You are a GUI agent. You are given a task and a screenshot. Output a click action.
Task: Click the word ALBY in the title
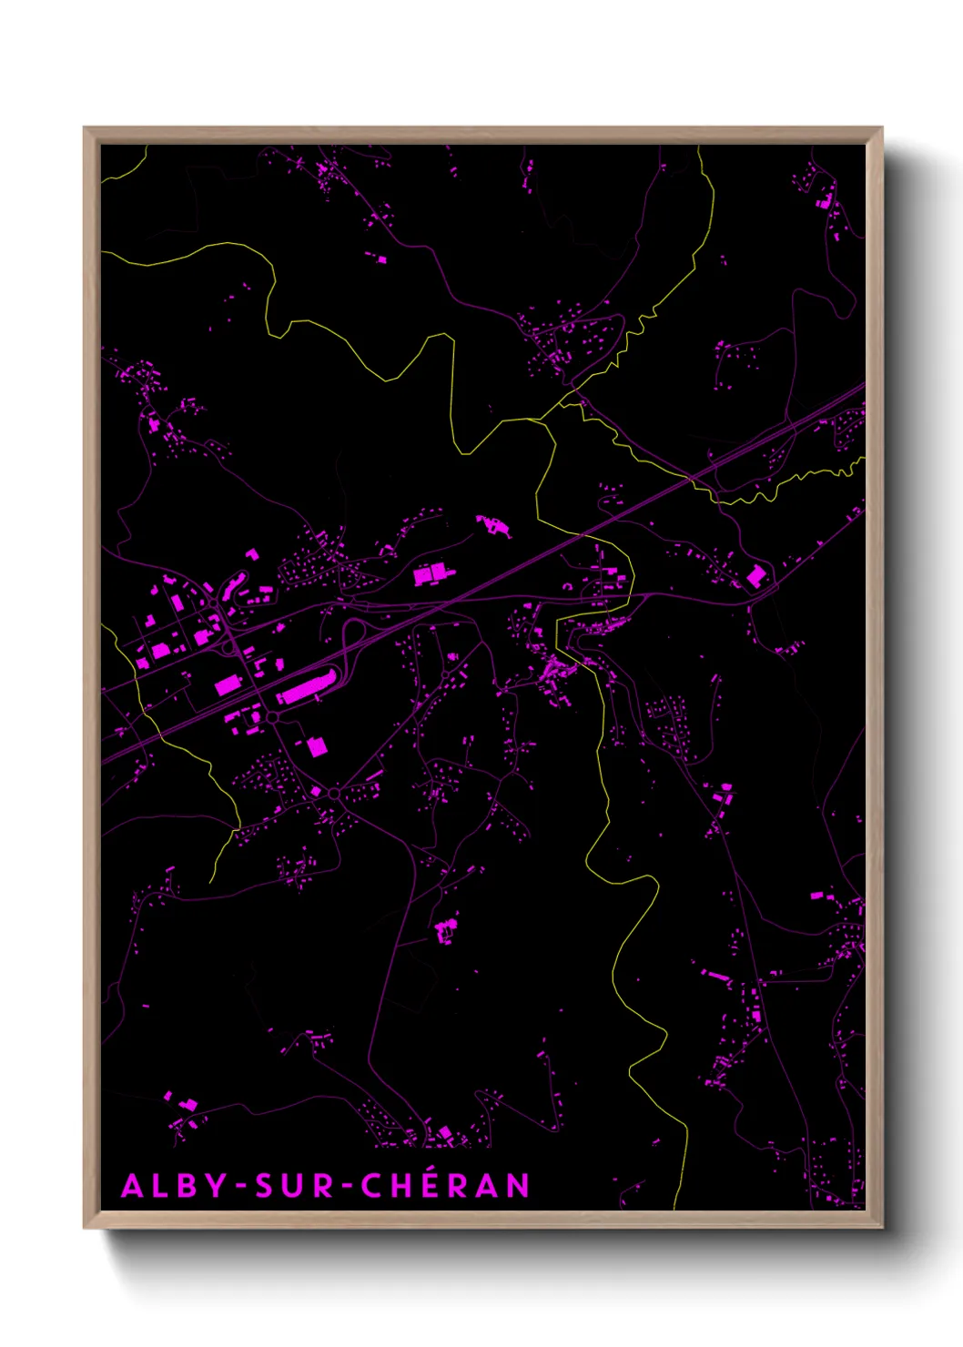(x=174, y=1186)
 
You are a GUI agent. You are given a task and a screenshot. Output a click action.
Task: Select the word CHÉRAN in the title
(x=445, y=1186)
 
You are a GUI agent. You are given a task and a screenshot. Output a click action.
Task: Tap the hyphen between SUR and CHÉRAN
(x=347, y=1187)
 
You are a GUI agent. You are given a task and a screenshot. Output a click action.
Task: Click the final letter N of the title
(x=518, y=1186)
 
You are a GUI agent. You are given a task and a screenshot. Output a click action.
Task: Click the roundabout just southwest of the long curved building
(x=272, y=718)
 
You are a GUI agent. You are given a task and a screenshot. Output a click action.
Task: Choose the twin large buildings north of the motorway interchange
(x=431, y=573)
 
